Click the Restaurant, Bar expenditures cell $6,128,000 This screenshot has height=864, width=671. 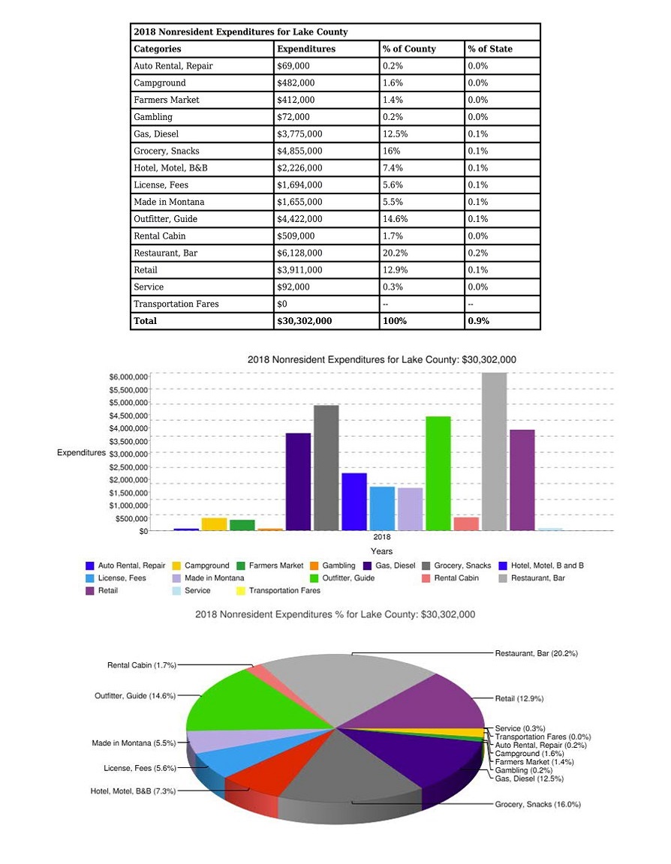click(x=300, y=253)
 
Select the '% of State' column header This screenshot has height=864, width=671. click(x=490, y=49)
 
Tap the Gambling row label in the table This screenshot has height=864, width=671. click(x=153, y=117)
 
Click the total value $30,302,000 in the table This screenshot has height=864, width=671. click(x=304, y=321)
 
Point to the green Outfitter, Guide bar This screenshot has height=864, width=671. click(x=438, y=473)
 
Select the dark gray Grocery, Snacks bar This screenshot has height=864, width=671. click(x=326, y=468)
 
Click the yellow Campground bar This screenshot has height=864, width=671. click(x=214, y=523)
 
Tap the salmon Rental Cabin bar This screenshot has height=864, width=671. click(x=466, y=523)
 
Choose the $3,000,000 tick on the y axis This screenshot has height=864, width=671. click(x=129, y=454)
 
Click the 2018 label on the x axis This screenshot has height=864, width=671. click(x=381, y=538)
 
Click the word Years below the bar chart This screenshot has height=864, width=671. click(x=381, y=551)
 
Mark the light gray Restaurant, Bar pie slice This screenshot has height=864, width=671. click(x=345, y=682)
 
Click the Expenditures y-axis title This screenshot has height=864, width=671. click(x=81, y=453)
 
